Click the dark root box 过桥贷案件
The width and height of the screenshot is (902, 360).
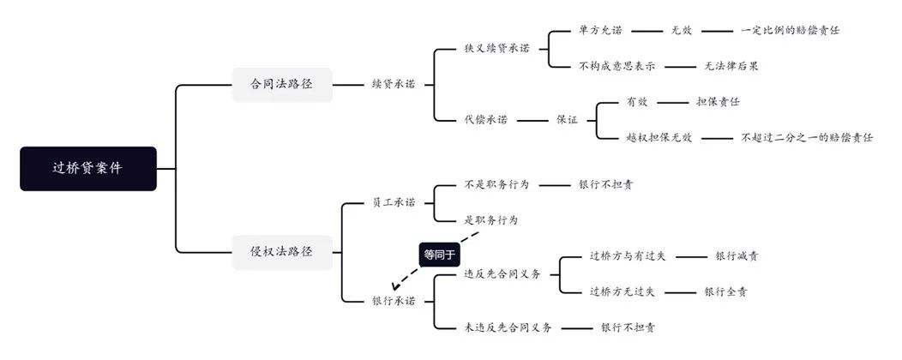click(x=88, y=169)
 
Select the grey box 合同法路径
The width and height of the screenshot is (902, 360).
click(x=282, y=85)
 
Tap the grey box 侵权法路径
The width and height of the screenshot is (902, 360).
click(x=282, y=252)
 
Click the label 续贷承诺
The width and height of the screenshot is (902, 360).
click(x=394, y=85)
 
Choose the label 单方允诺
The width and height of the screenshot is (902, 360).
click(x=600, y=31)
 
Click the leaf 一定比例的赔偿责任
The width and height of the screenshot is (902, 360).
click(x=790, y=31)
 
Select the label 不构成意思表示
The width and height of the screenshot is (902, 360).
click(x=616, y=66)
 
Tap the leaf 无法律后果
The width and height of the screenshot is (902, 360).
click(x=731, y=66)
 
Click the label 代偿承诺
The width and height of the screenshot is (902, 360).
click(x=486, y=120)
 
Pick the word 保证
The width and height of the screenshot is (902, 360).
click(x=567, y=120)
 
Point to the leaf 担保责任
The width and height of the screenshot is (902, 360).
click(x=718, y=102)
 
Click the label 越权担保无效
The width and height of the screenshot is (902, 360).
click(x=659, y=137)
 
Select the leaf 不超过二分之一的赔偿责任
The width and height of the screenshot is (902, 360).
click(x=807, y=137)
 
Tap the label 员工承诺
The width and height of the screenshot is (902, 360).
click(x=394, y=202)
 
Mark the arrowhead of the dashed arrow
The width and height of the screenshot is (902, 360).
click(x=394, y=286)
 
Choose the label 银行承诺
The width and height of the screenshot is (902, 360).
click(x=394, y=302)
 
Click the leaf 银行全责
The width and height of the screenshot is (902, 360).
click(x=726, y=292)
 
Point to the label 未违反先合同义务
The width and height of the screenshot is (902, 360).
click(x=508, y=327)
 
